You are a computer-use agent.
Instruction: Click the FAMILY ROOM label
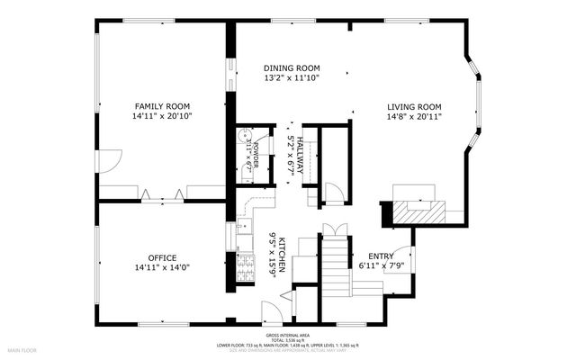tap(163, 105)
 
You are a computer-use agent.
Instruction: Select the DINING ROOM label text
tap(292, 68)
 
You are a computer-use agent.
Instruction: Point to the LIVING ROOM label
tap(414, 105)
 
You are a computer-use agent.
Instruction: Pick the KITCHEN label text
tap(283, 256)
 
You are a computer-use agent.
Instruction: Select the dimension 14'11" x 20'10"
tap(163, 116)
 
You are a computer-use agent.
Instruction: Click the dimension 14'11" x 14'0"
tap(162, 267)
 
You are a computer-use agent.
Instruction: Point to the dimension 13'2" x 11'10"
tap(292, 78)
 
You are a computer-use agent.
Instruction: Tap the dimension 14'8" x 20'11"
tap(414, 116)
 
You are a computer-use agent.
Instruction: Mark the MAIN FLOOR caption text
tap(22, 348)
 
